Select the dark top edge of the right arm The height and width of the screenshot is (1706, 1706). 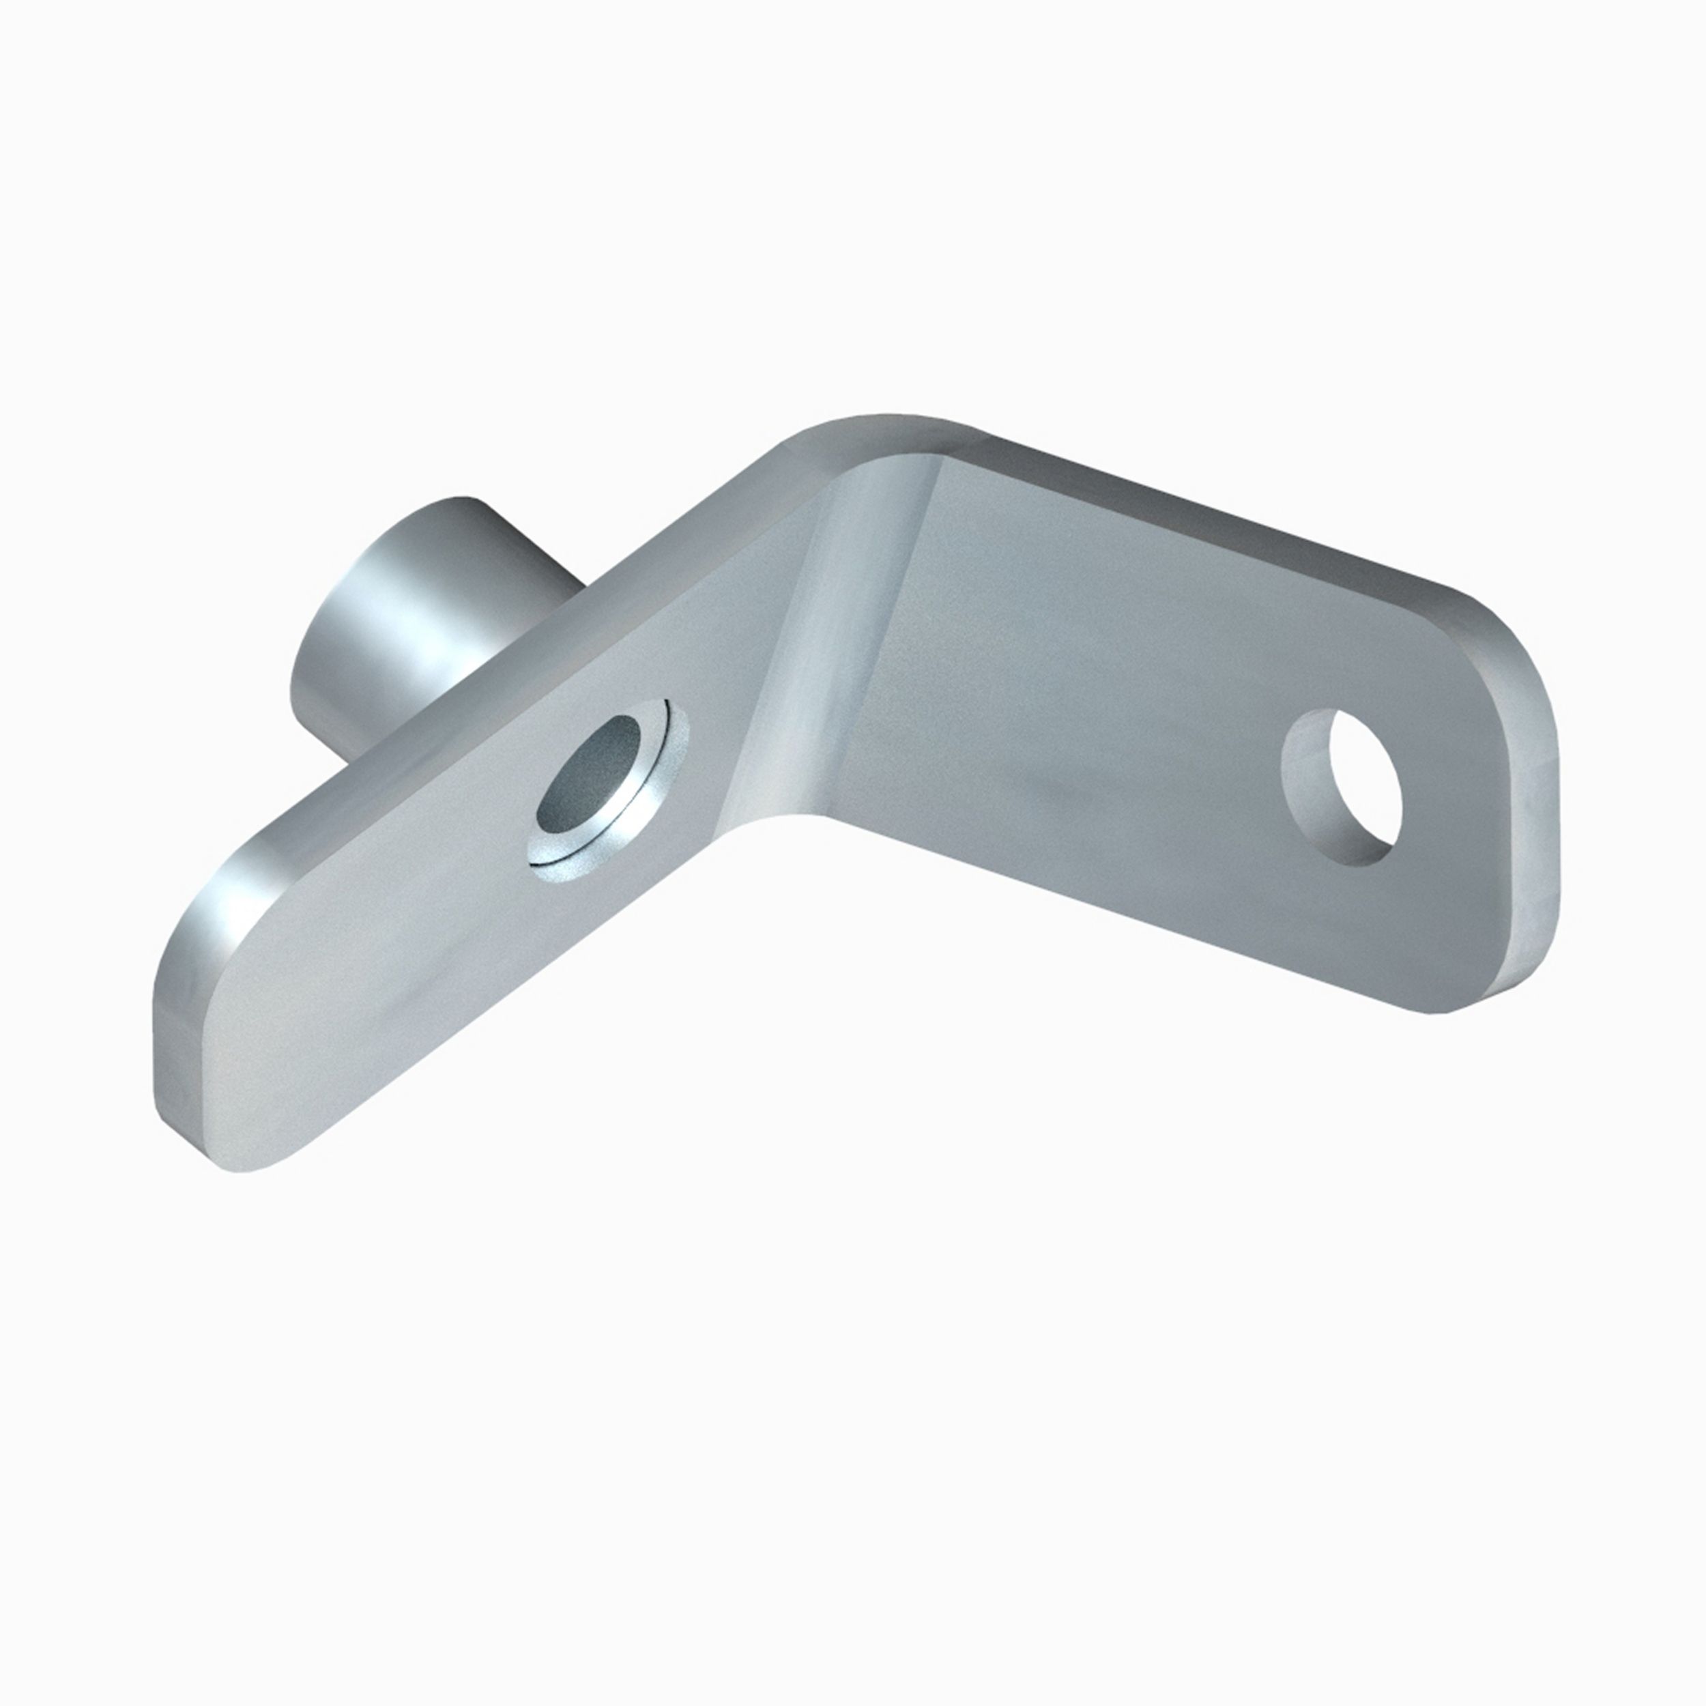tap(1237, 530)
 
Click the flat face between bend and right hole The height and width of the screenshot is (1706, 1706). tap(1060, 706)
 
